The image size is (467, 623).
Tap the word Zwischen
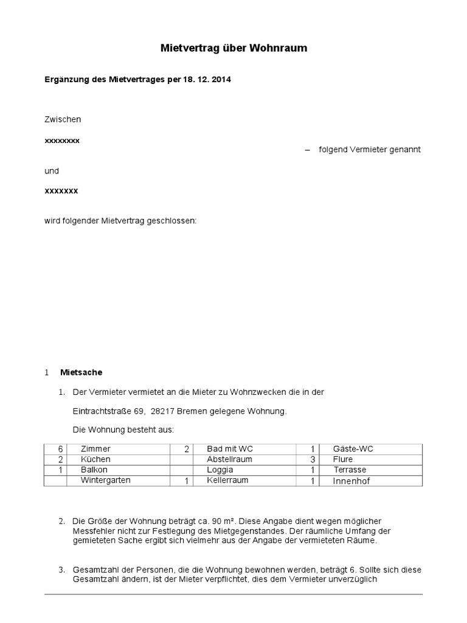pyautogui.click(x=63, y=120)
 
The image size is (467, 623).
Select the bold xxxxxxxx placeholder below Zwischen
pyautogui.click(x=62, y=140)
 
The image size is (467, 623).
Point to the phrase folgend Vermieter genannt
pyautogui.click(x=370, y=150)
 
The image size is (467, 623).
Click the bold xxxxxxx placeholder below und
pyautogui.click(x=61, y=190)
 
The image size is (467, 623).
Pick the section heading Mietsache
pyautogui.click(x=81, y=372)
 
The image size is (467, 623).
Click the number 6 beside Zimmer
pyautogui.click(x=61, y=449)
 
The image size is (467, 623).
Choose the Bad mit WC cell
pyautogui.click(x=230, y=449)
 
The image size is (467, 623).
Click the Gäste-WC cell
pyautogui.click(x=353, y=449)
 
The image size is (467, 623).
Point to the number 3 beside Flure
pyautogui.click(x=312, y=459)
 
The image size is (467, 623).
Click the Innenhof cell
pyautogui.click(x=351, y=481)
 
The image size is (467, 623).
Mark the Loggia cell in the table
pyautogui.click(x=220, y=470)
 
